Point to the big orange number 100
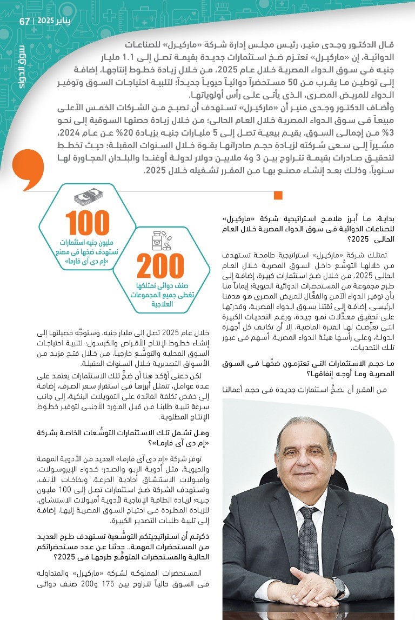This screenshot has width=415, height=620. pos(88,223)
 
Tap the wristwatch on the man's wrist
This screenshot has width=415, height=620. pos(339,586)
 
